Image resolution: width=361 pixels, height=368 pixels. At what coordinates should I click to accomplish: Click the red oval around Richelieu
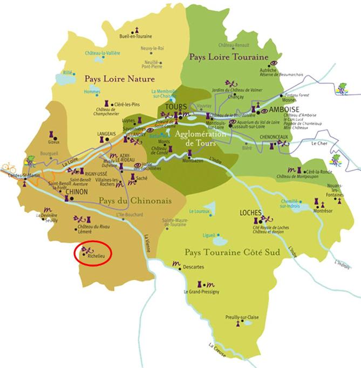click(x=93, y=253)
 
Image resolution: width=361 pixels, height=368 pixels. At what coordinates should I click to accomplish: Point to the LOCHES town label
click(x=250, y=213)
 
